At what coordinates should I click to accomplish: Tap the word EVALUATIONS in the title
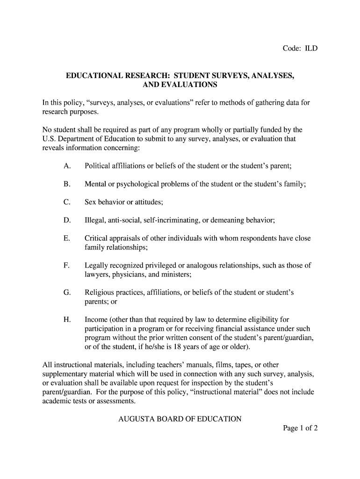point(189,85)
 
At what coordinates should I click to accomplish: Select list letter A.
point(67,166)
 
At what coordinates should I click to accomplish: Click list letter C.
point(67,202)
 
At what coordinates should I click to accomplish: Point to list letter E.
point(66,238)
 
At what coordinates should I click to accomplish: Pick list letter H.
point(67,320)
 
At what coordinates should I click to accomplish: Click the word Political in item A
point(99,166)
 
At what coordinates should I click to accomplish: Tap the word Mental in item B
point(95,184)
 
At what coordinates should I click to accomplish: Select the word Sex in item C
point(91,202)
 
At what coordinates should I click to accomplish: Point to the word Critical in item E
point(97,238)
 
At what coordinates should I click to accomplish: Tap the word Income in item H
point(96,320)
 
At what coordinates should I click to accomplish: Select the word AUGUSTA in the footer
point(136,419)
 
